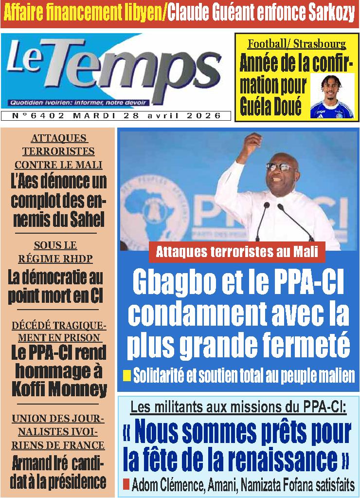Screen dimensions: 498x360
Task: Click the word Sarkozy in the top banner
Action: (x=331, y=14)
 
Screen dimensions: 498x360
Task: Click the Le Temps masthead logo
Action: (x=114, y=71)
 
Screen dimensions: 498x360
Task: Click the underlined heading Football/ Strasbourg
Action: (x=297, y=44)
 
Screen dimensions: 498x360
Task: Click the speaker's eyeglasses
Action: (x=281, y=167)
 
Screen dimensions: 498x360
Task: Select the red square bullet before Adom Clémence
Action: (x=126, y=484)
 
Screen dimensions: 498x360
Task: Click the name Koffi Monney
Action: (x=58, y=389)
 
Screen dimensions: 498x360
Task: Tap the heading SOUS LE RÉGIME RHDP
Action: (x=55, y=252)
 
